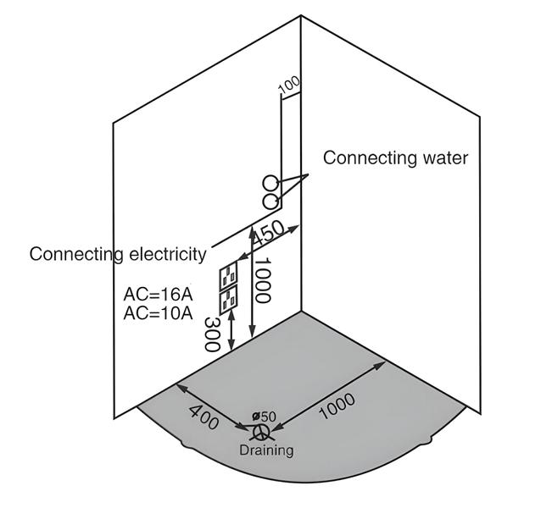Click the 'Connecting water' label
pyautogui.click(x=395, y=157)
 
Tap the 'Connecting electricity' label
pyautogui.click(x=118, y=254)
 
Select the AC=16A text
pyautogui.click(x=158, y=294)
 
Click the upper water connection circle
pyautogui.click(x=270, y=182)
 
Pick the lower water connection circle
pyautogui.click(x=270, y=201)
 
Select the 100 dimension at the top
pyautogui.click(x=288, y=85)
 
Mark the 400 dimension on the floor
pyautogui.click(x=204, y=417)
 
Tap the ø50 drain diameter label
pyautogui.click(x=265, y=416)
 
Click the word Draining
pyautogui.click(x=265, y=450)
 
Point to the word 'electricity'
pyautogui.click(x=165, y=254)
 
